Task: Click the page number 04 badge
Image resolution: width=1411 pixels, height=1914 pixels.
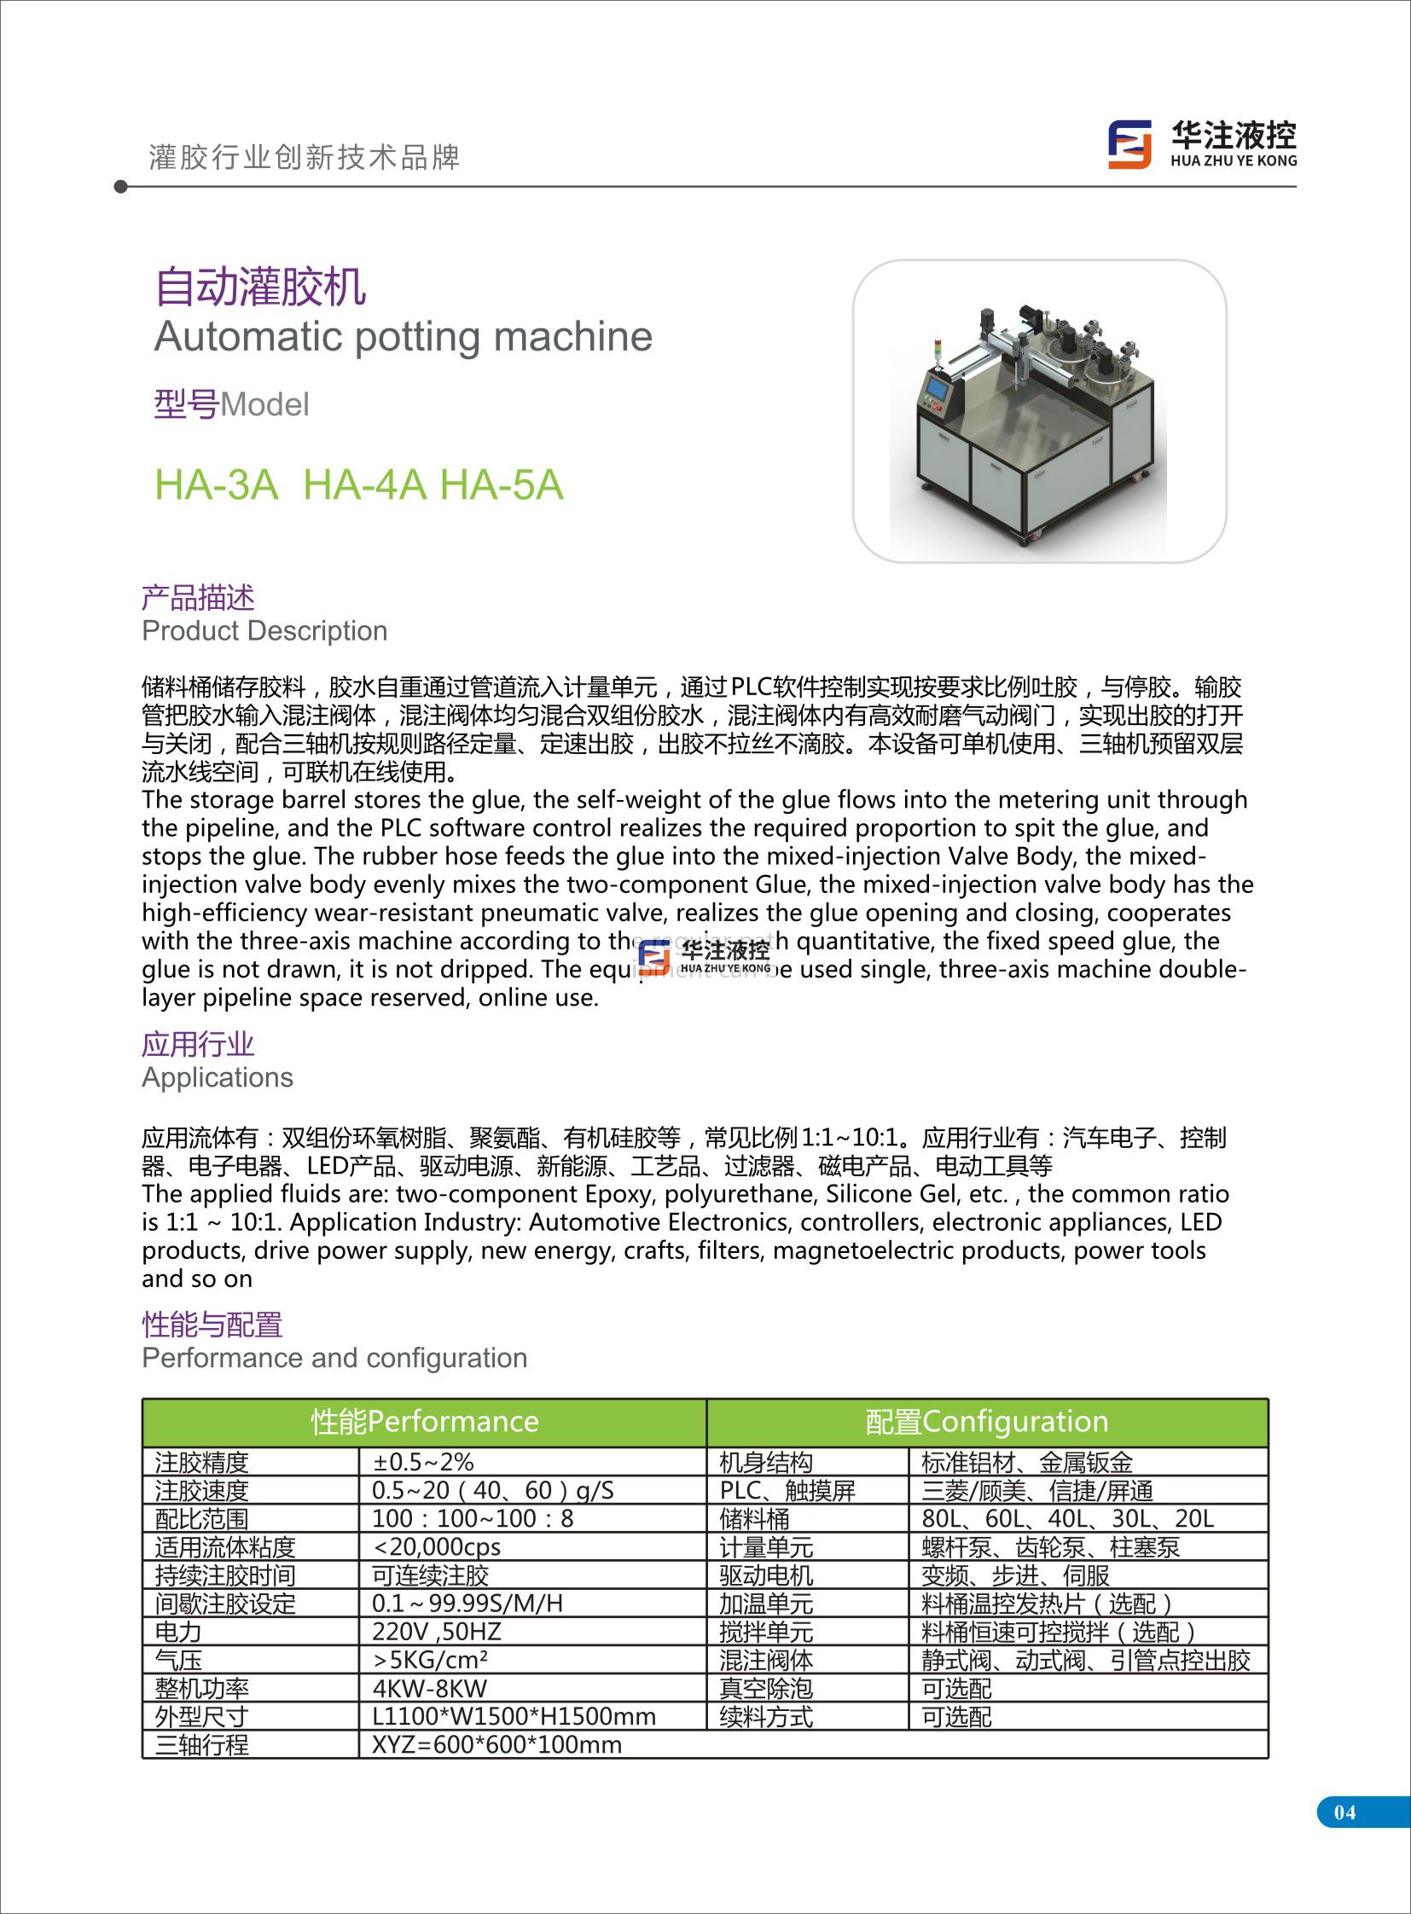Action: coord(1344,1812)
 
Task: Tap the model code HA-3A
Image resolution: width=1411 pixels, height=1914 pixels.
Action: coord(216,485)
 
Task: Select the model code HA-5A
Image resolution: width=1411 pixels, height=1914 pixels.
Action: coord(502,485)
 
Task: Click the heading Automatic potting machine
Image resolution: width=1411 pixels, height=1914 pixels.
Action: coord(404,337)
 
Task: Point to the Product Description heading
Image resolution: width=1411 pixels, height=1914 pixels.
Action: coord(264,630)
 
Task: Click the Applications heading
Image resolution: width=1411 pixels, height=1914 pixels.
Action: coord(217,1077)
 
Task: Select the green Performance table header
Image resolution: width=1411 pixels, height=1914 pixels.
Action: coord(425,1421)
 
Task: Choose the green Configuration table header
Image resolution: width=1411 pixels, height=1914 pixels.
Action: coord(986,1421)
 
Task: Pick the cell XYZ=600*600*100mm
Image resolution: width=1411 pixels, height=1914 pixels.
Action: coord(496,1744)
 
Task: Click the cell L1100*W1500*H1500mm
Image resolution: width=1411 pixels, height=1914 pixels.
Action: coord(514,1716)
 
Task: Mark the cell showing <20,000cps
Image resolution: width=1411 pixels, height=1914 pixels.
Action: coord(437,1546)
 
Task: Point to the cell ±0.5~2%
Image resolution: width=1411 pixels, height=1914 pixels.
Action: coord(423,1462)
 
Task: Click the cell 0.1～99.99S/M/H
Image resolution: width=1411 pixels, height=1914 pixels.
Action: coord(467,1604)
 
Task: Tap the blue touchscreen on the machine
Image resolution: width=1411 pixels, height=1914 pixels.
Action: coord(938,389)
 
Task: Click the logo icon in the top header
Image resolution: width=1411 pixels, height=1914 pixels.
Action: coord(1129,143)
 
